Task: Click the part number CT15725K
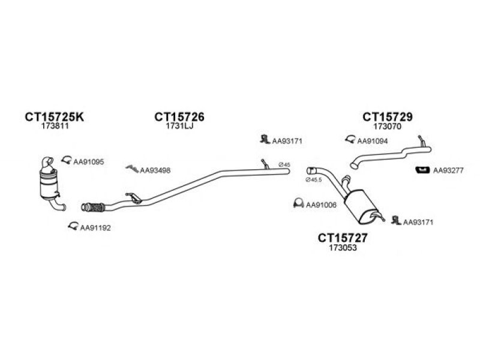point(54,116)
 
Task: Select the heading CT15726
point(179,116)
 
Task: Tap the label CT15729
point(387,116)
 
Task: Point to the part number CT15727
point(343,238)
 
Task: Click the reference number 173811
point(55,126)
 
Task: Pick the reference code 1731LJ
point(179,126)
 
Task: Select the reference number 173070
point(387,126)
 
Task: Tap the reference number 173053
point(343,247)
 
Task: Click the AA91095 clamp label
point(88,161)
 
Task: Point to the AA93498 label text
point(155,170)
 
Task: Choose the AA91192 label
point(95,228)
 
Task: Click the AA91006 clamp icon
point(298,203)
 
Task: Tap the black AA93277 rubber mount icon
point(422,170)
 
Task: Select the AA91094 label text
point(372,141)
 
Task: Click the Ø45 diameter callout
point(284,164)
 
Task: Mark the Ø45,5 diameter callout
point(314,180)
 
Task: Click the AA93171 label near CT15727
point(418,222)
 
